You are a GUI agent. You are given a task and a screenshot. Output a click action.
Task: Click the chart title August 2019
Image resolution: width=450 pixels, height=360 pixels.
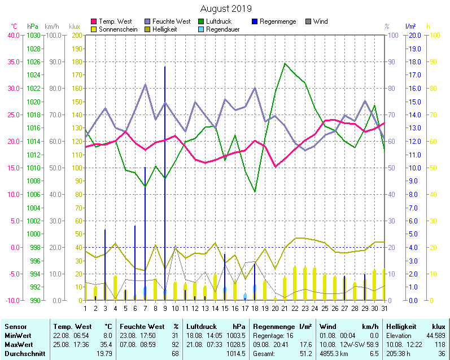pyautogui.click(x=226, y=8)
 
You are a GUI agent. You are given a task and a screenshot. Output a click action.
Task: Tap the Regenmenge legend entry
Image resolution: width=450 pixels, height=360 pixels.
pyautogui.click(x=277, y=21)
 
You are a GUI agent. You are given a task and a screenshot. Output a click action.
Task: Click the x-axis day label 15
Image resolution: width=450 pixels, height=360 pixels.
pyautogui.click(x=224, y=308)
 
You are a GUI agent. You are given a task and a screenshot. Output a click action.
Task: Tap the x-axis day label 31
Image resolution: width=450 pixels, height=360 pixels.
pyautogui.click(x=384, y=308)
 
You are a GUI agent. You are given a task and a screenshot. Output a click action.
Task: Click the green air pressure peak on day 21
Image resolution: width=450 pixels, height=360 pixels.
pyautogui.click(x=285, y=63)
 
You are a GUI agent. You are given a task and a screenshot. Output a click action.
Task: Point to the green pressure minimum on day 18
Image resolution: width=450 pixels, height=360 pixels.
pyautogui.click(x=255, y=192)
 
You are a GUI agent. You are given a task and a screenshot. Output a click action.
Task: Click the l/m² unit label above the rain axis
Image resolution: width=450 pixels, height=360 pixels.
pyautogui.click(x=410, y=27)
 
